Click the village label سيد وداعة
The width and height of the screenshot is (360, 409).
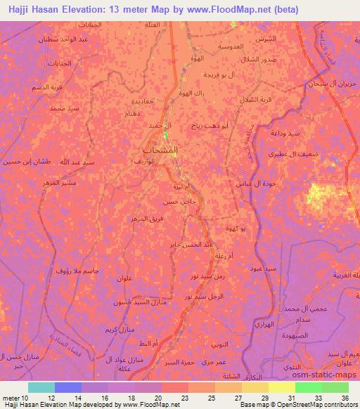(x=286, y=134)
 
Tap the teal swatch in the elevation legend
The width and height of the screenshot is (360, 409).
(x=41, y=387)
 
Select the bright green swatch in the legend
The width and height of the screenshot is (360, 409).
(x=308, y=387)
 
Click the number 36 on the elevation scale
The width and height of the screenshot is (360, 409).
(x=344, y=397)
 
